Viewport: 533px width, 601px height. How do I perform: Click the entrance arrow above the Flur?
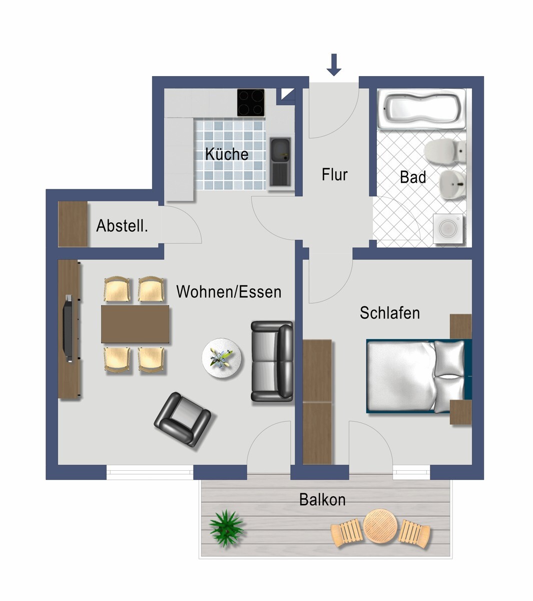click(x=334, y=65)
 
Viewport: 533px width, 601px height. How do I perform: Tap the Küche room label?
click(x=227, y=154)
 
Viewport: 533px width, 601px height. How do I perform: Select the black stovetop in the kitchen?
click(x=251, y=103)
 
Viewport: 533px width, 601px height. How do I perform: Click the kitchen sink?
click(x=280, y=160)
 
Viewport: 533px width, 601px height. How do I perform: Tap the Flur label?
click(x=334, y=175)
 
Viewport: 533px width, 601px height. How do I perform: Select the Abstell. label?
click(x=122, y=226)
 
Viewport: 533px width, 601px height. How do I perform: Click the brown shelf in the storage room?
click(x=73, y=224)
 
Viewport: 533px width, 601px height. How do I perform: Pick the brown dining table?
click(x=135, y=324)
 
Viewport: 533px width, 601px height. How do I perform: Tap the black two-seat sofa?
click(x=272, y=361)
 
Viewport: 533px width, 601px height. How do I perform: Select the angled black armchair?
click(x=182, y=419)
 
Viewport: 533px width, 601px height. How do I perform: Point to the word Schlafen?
click(x=390, y=313)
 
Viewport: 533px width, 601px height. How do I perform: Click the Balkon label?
click(x=322, y=499)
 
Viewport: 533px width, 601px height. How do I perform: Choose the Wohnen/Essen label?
click(x=229, y=292)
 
